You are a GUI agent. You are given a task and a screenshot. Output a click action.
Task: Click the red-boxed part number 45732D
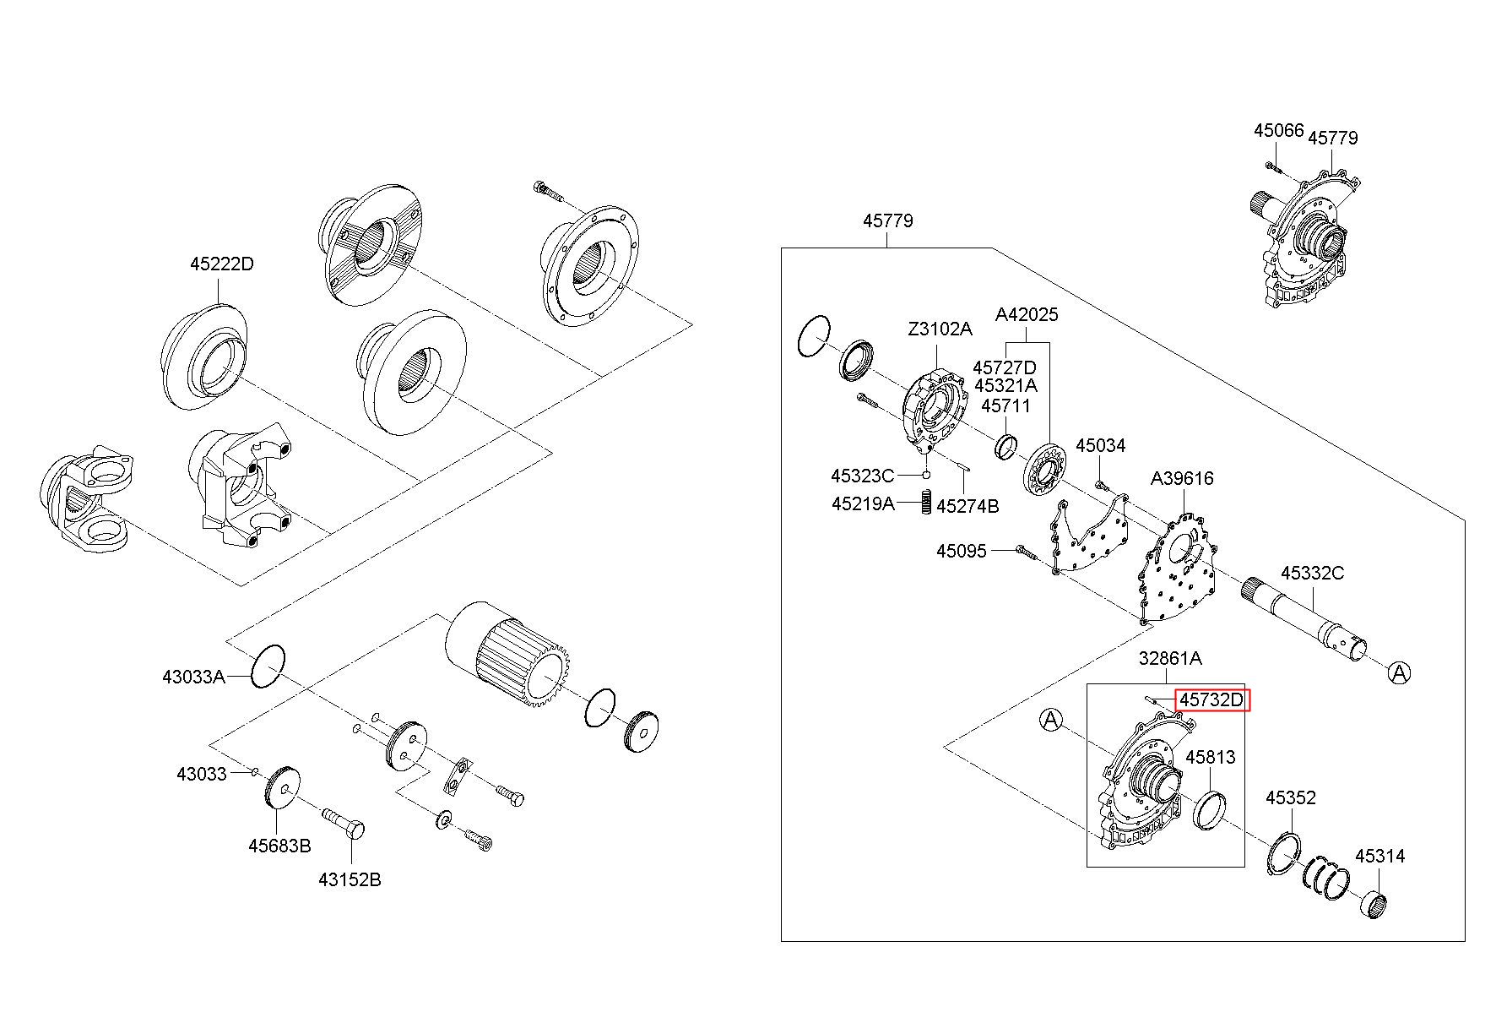point(1211,699)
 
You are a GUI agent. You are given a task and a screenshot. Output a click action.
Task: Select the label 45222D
point(221,264)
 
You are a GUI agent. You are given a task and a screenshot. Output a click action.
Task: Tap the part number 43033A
point(194,676)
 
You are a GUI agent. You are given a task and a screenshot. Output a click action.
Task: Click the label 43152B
point(350,879)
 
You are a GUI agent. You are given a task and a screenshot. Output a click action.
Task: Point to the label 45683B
point(279,845)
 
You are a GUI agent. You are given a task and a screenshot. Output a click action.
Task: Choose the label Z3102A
point(940,329)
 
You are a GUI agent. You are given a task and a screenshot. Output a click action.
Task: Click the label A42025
point(1027,314)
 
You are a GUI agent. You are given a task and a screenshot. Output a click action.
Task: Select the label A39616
point(1182,478)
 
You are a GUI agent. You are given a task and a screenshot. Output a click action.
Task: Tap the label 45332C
point(1312,573)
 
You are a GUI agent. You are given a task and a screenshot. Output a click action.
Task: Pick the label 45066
point(1279,130)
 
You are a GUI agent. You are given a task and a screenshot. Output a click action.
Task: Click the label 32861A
point(1170,657)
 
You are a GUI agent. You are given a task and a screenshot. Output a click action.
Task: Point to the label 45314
point(1380,856)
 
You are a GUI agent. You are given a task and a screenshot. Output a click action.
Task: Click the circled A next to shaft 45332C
point(1399,672)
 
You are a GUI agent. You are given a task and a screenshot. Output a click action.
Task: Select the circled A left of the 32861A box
point(1050,720)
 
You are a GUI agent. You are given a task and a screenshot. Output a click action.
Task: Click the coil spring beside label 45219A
point(924,503)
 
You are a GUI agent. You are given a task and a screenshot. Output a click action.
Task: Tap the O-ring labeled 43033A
point(268,667)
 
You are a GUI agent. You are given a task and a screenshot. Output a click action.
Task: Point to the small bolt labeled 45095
point(1027,551)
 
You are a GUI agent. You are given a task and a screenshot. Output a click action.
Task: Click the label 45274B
point(968,506)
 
